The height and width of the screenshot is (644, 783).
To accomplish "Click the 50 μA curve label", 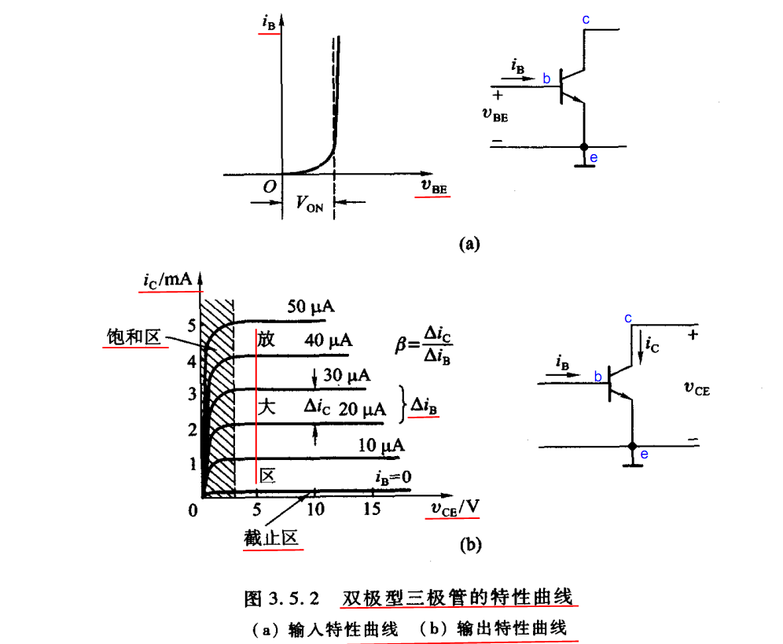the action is [311, 306].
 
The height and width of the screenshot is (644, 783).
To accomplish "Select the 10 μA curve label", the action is [381, 445].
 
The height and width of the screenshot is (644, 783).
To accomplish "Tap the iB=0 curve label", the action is [394, 477].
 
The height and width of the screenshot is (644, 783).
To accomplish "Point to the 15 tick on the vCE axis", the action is [372, 509].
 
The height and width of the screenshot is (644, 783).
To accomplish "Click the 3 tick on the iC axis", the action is [193, 394].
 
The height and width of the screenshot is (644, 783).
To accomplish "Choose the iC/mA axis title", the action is [167, 280].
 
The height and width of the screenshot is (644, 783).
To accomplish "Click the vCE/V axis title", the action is [455, 508].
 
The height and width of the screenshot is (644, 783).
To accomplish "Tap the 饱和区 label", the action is [134, 337].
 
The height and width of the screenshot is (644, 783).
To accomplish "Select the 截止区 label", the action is [271, 538].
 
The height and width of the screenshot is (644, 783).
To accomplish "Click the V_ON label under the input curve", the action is [310, 204].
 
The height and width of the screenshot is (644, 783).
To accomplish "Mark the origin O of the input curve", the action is [270, 187].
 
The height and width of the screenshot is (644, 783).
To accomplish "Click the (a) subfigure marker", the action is [469, 243].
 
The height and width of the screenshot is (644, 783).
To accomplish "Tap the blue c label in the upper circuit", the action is [586, 20].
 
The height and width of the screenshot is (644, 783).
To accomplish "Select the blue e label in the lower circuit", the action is [644, 454].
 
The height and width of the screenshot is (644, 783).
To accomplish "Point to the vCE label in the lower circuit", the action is [697, 388].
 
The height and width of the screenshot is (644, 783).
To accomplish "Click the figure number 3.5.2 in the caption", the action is [294, 598].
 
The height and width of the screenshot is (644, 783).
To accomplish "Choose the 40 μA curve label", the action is [328, 340].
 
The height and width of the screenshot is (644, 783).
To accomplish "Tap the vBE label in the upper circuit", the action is [494, 115].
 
